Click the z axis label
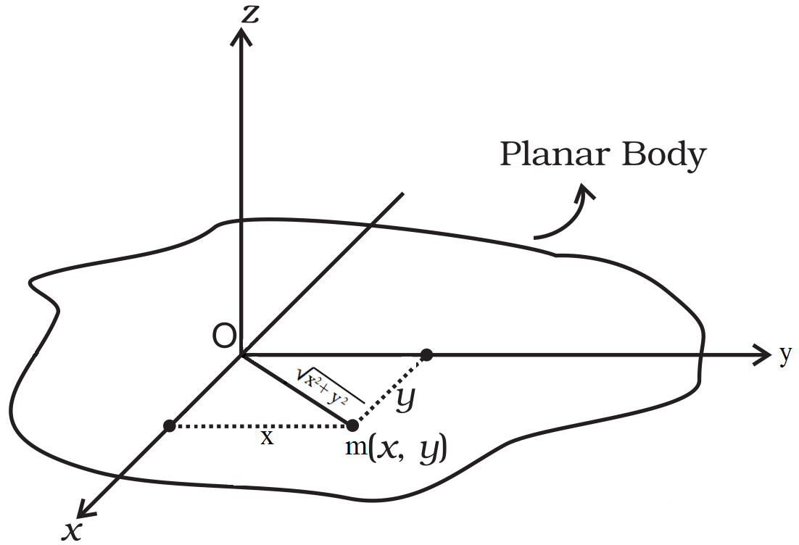click(x=249, y=14)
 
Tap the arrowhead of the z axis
click(x=241, y=37)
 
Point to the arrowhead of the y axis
click(x=762, y=354)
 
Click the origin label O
click(x=224, y=336)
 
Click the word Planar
click(x=555, y=154)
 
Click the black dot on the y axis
click(x=427, y=354)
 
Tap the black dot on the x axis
click(x=169, y=426)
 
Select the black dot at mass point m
click(x=352, y=425)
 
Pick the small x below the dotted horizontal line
click(x=267, y=438)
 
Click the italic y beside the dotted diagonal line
click(x=405, y=399)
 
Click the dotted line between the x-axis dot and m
click(x=260, y=426)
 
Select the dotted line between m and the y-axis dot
click(x=390, y=390)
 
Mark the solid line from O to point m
click(x=296, y=390)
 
